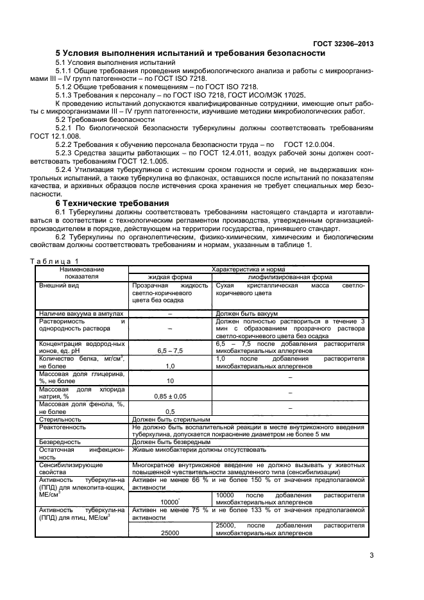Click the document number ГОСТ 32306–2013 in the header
tap(343, 44)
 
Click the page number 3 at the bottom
tap(371, 556)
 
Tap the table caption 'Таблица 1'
tap(55, 261)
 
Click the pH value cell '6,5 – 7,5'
tap(170, 351)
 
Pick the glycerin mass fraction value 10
tap(170, 381)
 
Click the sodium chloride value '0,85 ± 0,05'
tap(170, 397)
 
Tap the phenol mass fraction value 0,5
tap(170, 411)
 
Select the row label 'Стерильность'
tap(59, 418)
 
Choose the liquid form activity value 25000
tap(170, 533)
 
